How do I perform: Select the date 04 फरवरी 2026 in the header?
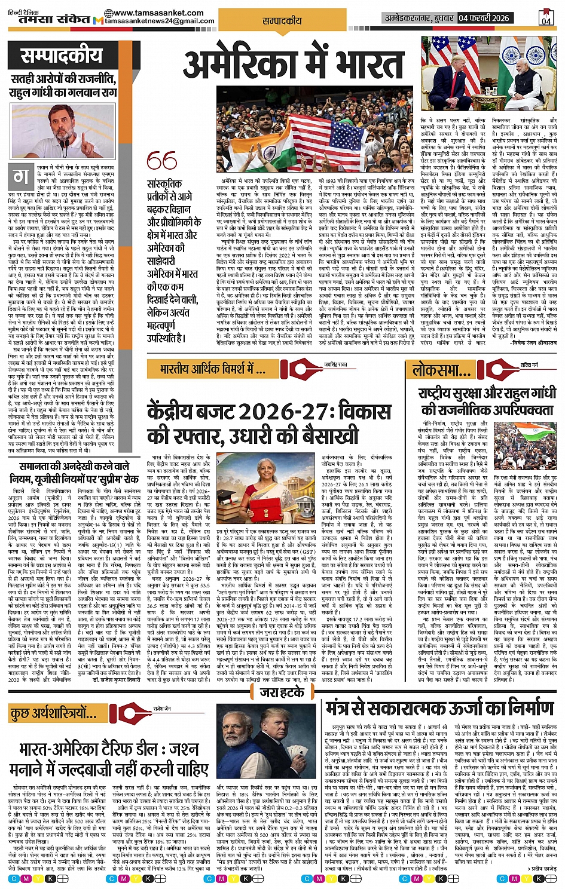[x=484, y=18]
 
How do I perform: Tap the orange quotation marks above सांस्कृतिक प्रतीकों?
[x=161, y=161]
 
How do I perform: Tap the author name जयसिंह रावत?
[x=335, y=364]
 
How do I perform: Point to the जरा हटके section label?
[x=282, y=692]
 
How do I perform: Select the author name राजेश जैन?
[x=161, y=709]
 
